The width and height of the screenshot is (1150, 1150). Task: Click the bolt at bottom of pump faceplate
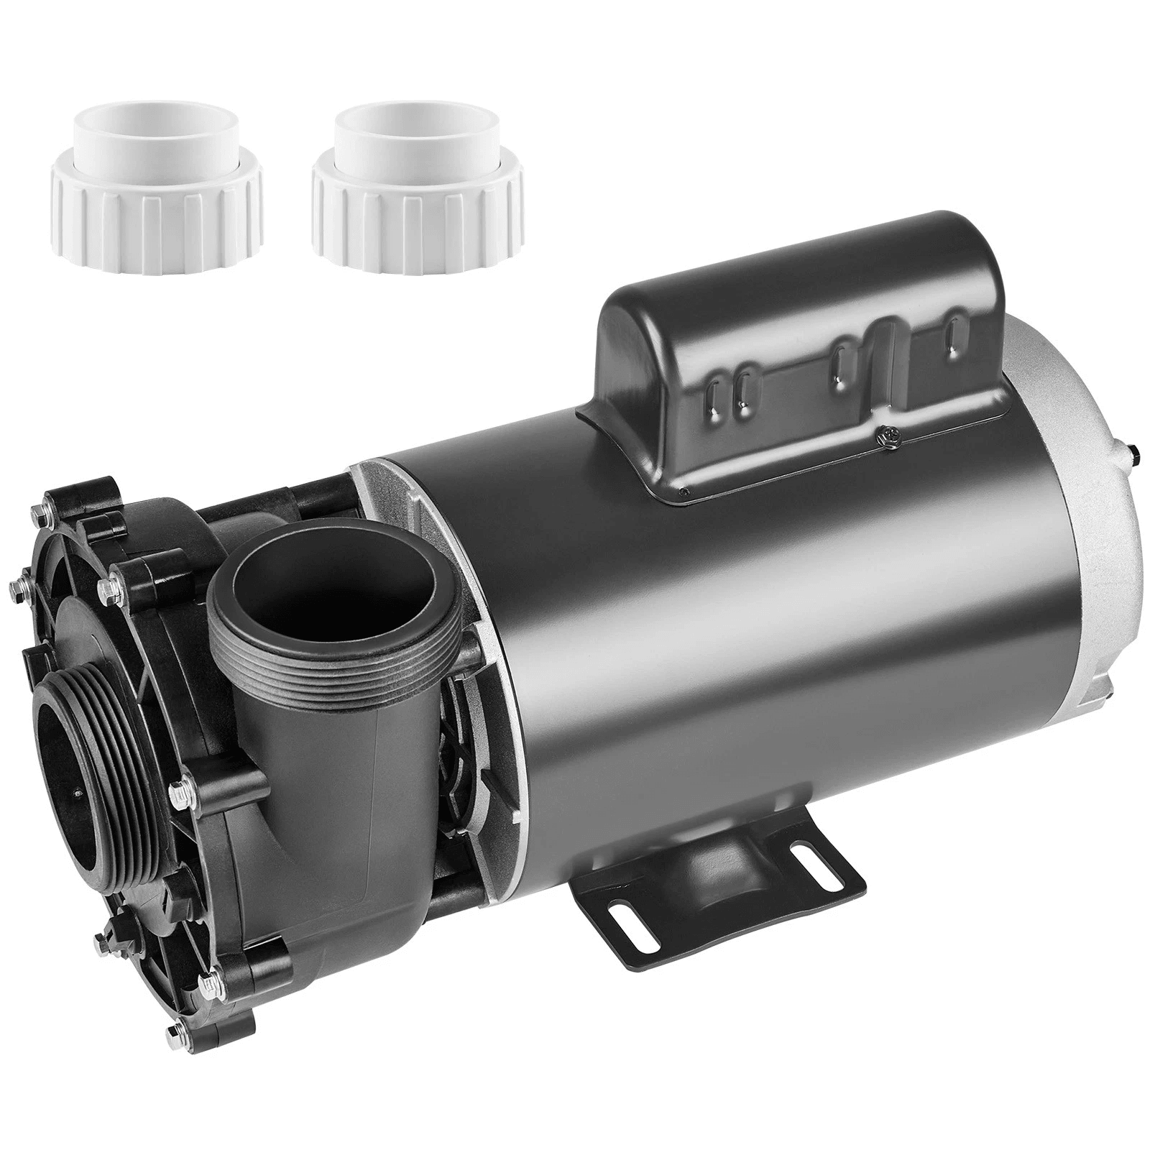coord(175,1013)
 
